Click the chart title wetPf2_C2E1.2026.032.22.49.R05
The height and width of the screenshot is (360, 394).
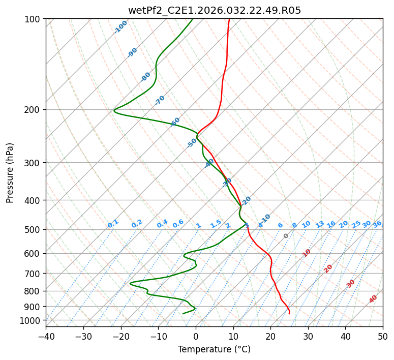(214, 10)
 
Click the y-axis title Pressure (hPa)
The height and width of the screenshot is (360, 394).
(10, 172)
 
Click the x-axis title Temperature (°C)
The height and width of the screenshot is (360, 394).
(214, 349)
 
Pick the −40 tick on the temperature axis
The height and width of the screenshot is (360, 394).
(46, 336)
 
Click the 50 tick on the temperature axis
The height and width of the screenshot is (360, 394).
(383, 336)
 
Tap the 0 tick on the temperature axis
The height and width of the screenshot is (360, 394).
(196, 336)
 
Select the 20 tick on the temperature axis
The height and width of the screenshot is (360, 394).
(270, 336)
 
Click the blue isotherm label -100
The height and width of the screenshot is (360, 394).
(120, 26)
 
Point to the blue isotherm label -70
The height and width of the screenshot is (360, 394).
(160, 100)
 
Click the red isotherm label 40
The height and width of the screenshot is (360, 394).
(373, 299)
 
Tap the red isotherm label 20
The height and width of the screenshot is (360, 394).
(328, 268)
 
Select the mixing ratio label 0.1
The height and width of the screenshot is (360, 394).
(113, 224)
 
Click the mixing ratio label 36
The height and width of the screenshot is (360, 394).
(377, 224)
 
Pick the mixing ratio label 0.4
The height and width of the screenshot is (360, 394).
(162, 224)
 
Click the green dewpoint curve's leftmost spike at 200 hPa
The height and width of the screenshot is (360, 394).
(114, 110)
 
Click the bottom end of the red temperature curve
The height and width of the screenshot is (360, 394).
(289, 313)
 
